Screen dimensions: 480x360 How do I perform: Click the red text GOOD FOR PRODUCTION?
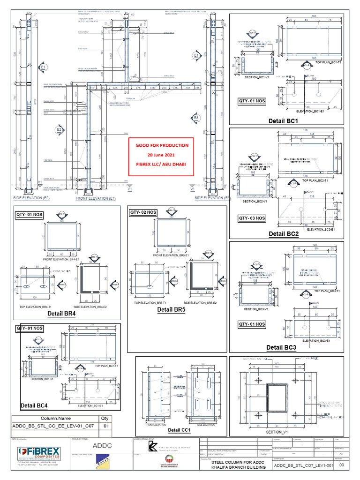coord(162,145)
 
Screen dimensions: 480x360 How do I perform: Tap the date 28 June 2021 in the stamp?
coord(162,155)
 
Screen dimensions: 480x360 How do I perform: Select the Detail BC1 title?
coord(286,121)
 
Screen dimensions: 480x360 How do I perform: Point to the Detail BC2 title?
coord(284,233)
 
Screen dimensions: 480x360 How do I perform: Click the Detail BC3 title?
coord(281,347)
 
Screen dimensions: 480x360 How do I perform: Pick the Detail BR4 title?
coord(61,313)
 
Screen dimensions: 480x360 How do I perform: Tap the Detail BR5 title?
coord(172,309)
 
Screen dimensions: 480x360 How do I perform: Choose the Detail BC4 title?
coord(34,405)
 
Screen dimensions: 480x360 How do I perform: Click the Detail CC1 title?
coord(179,430)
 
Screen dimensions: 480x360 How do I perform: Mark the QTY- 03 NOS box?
coord(252,218)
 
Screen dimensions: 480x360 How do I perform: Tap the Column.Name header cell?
coord(55,418)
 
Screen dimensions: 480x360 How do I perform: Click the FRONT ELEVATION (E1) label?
coord(96,199)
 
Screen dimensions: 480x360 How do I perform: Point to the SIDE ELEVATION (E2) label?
coord(31,198)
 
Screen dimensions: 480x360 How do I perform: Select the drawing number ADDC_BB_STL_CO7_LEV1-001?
coord(303,466)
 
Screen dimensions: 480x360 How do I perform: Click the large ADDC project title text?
coord(101,445)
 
